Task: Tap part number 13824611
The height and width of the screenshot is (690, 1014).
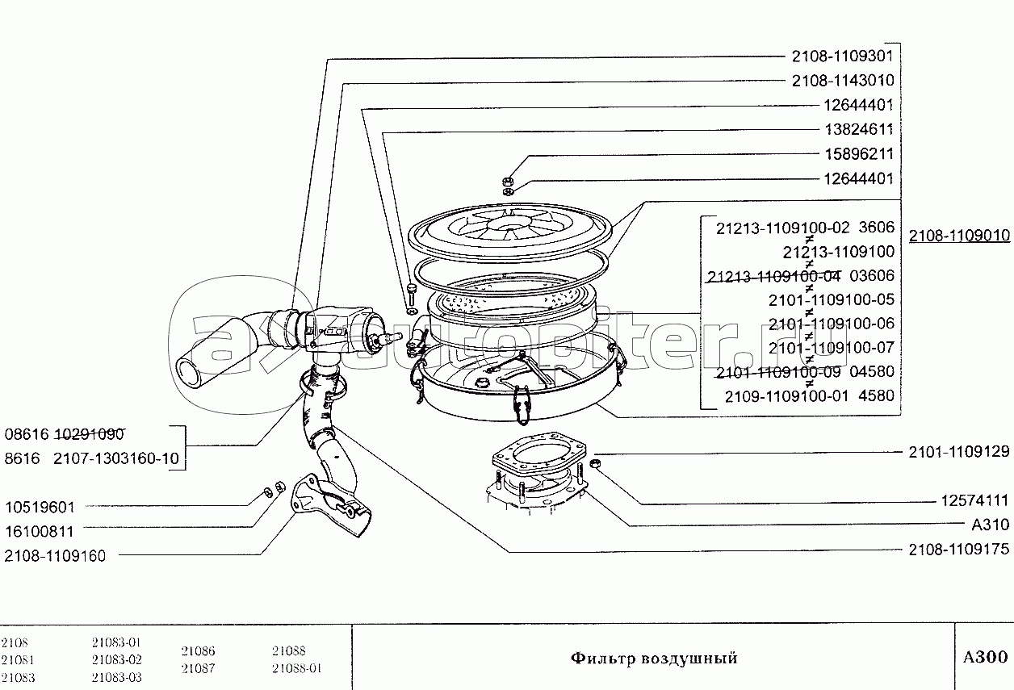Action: pos(858,129)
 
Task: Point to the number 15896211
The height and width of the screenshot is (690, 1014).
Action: pos(858,153)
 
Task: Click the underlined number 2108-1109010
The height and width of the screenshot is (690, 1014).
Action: pos(959,236)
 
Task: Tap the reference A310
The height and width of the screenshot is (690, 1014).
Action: pos(990,525)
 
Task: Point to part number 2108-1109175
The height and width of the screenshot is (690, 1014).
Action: pos(958,550)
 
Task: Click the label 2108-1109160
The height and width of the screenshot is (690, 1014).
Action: pos(55,555)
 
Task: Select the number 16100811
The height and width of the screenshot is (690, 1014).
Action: pos(40,532)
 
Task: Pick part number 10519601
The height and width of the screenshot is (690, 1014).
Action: pos(40,508)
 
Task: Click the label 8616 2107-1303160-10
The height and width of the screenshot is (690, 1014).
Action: pos(91,459)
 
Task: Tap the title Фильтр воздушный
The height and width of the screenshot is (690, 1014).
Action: pos(654,659)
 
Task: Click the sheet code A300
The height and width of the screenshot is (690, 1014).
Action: pos(984,656)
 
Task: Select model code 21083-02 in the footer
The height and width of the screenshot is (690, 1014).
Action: pos(117,659)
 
